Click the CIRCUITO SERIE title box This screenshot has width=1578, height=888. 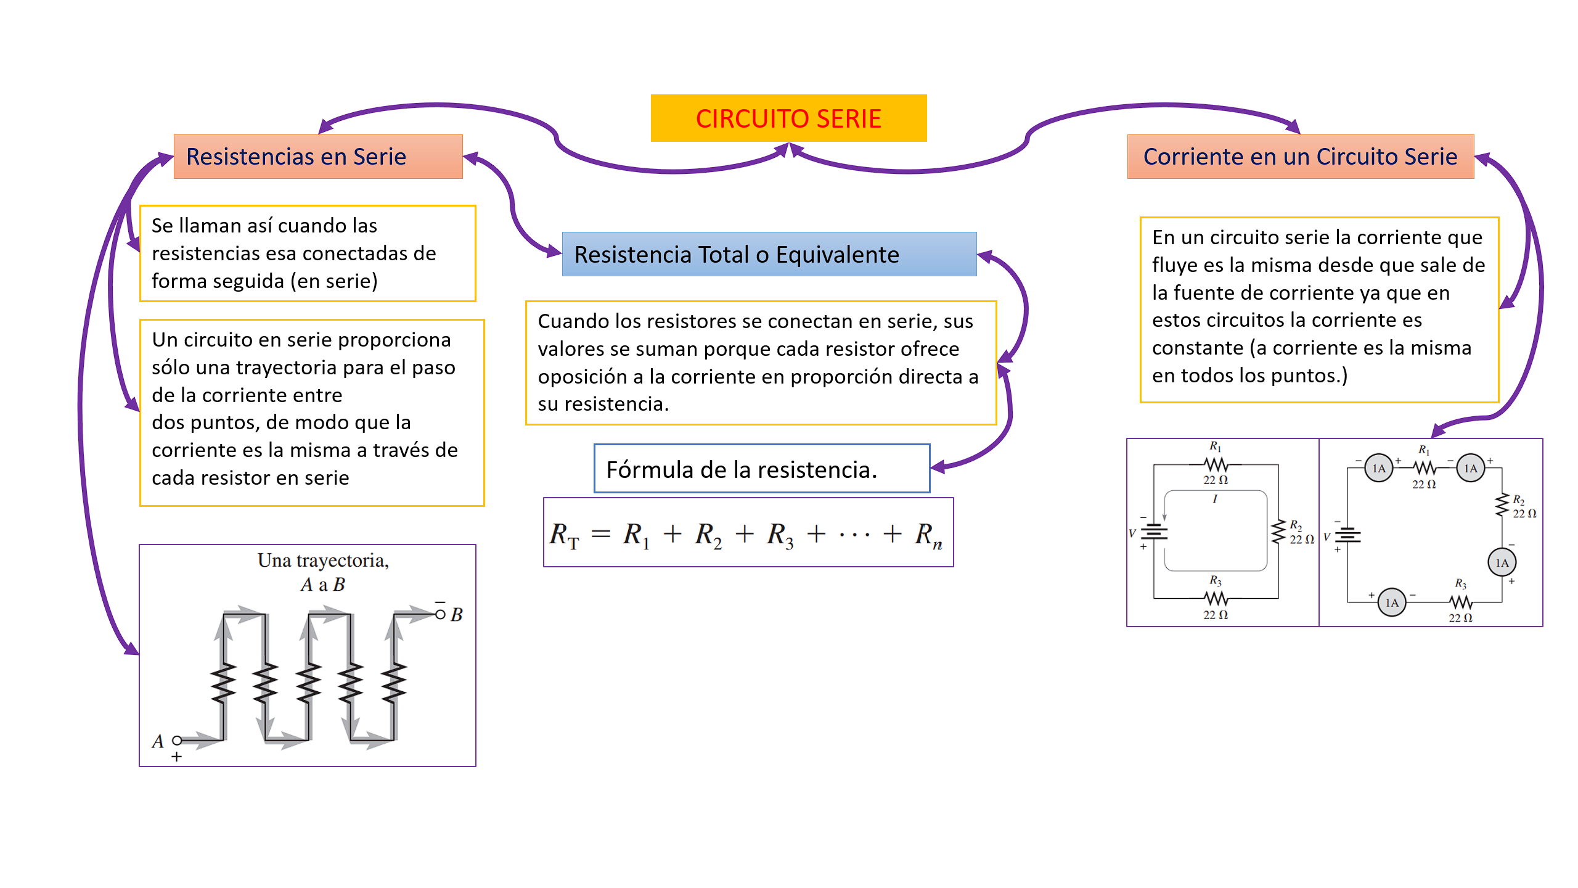[x=788, y=118]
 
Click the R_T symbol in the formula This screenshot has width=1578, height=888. [x=564, y=535]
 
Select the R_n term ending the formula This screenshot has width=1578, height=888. [x=928, y=535]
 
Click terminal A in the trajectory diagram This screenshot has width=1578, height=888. [x=177, y=740]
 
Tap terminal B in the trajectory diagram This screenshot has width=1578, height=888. [x=440, y=614]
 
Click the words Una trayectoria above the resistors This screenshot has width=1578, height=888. [x=322, y=561]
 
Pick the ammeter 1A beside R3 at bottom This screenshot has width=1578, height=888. [x=1391, y=602]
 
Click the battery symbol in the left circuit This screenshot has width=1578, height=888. [x=1154, y=531]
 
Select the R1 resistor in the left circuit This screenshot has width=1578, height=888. [x=1216, y=464]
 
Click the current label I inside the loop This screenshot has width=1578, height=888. [x=1214, y=499]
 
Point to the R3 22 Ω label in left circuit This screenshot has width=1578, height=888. [x=1215, y=615]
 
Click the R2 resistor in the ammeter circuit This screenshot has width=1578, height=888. [x=1502, y=505]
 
